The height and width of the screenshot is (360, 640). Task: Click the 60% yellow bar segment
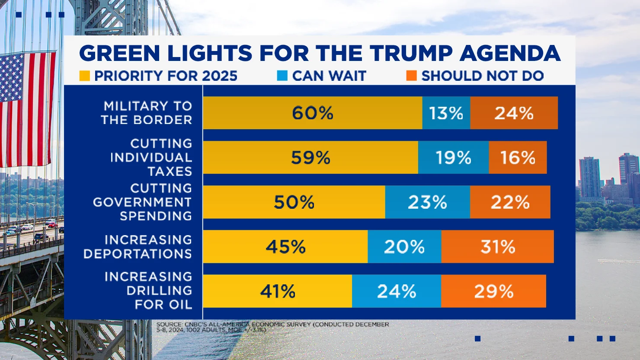coord(312,113)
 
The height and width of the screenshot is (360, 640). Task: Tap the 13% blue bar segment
coord(446,113)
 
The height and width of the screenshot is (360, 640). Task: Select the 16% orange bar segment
coord(518,157)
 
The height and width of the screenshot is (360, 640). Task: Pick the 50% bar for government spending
coord(294,202)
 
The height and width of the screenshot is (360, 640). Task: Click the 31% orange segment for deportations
coord(497,246)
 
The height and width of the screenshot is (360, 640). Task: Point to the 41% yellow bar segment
coord(278,291)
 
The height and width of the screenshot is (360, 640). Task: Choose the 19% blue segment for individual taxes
coord(453,157)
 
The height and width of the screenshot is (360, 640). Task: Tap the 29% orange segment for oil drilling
coord(493,291)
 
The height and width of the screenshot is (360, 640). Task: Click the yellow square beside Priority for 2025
coord(84,76)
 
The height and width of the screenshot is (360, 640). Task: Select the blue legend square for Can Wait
coord(282,76)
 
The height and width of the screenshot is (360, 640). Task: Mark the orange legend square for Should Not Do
coord(411,76)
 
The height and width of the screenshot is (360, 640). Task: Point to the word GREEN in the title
coord(120,54)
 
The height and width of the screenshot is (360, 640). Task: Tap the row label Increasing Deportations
coord(138,246)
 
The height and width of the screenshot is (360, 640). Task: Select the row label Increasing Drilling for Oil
coord(148,290)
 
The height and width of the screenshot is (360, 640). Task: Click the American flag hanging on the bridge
coord(27,108)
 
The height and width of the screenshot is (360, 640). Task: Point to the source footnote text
coord(272,327)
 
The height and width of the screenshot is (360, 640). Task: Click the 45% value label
coord(285,247)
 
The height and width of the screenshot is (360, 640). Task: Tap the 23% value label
coord(427,202)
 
